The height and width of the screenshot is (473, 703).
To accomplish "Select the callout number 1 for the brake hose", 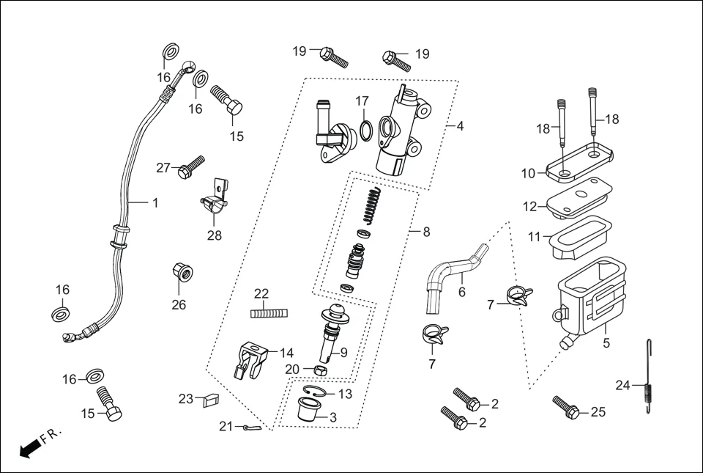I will point(155,202).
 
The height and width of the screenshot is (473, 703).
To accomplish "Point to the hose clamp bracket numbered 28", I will point(213,201).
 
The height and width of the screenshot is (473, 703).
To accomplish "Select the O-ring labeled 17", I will point(365,131).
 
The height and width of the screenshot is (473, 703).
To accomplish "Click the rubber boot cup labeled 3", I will point(308,408).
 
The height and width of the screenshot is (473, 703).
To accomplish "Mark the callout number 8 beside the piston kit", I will point(426,232).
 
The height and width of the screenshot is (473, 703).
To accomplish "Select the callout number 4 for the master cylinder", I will point(460,126).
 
